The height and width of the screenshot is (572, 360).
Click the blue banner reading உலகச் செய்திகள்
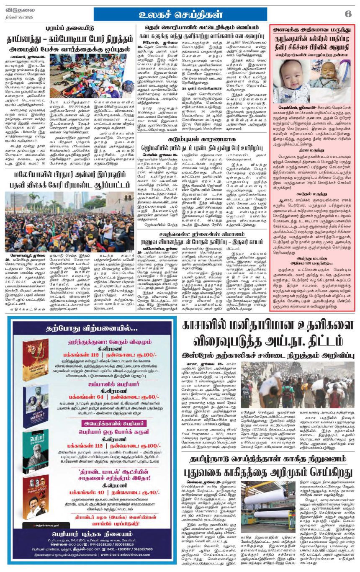coord(180,14)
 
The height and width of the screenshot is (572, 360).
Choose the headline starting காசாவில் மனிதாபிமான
coord(268,327)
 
